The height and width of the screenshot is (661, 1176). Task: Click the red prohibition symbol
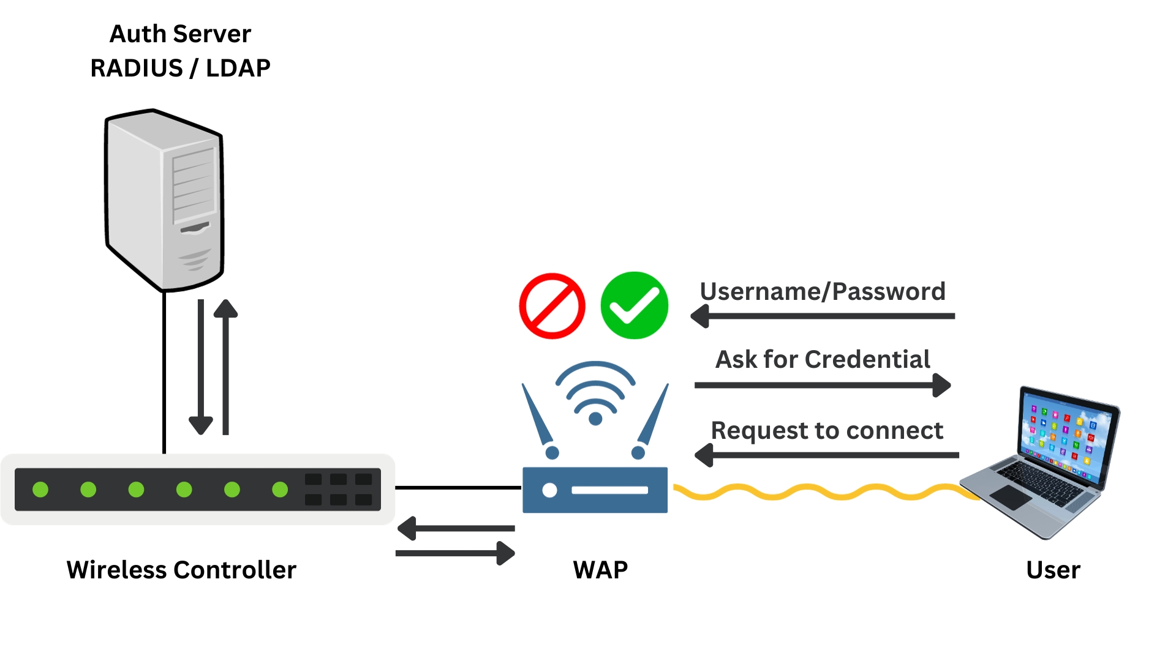pos(552,306)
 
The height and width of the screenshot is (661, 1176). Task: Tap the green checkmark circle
pos(634,305)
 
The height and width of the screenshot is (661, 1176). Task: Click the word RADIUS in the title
pos(136,68)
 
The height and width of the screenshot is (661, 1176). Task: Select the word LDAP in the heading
pos(238,68)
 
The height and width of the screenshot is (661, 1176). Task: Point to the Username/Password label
pos(822,291)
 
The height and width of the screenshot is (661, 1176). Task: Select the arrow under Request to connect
pos(827,455)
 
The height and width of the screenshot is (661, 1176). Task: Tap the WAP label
pos(600,570)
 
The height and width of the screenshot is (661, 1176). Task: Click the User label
pos(1053,570)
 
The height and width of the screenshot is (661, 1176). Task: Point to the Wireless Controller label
pos(181,570)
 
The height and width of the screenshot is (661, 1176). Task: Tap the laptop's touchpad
pos(1010,497)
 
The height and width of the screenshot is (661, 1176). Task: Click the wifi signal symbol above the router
pos(595,392)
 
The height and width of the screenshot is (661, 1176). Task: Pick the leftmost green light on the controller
pos(40,490)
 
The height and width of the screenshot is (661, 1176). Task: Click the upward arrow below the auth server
pos(225,367)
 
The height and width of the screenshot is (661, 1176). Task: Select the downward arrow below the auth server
pos(201,367)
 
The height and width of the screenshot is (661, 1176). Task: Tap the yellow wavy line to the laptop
pos(821,492)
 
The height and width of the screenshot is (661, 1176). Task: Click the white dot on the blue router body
pos(549,490)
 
